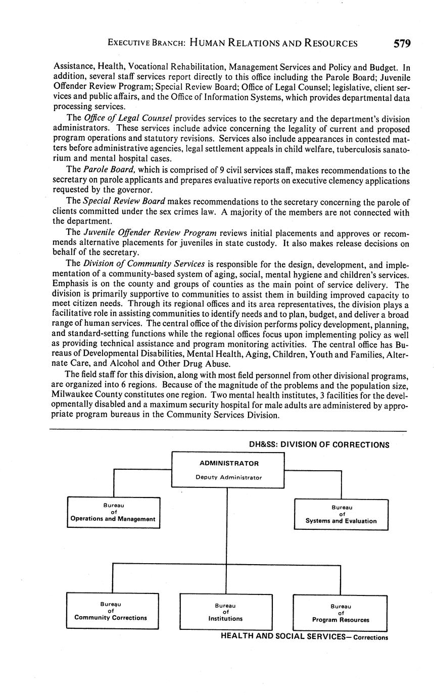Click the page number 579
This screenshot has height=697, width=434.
click(402, 43)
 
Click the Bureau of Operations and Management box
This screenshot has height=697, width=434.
click(113, 513)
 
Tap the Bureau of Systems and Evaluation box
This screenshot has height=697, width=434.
click(341, 514)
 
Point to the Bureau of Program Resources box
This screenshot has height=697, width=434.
click(340, 613)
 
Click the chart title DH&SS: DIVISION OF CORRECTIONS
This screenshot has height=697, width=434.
click(319, 445)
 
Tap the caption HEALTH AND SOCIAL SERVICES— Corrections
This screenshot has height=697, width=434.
click(304, 636)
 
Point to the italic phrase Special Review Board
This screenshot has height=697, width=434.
click(120, 202)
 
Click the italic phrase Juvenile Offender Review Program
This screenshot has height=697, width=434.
click(150, 233)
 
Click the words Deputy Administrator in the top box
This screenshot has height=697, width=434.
click(228, 477)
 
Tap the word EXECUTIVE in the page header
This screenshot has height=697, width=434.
click(128, 43)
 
